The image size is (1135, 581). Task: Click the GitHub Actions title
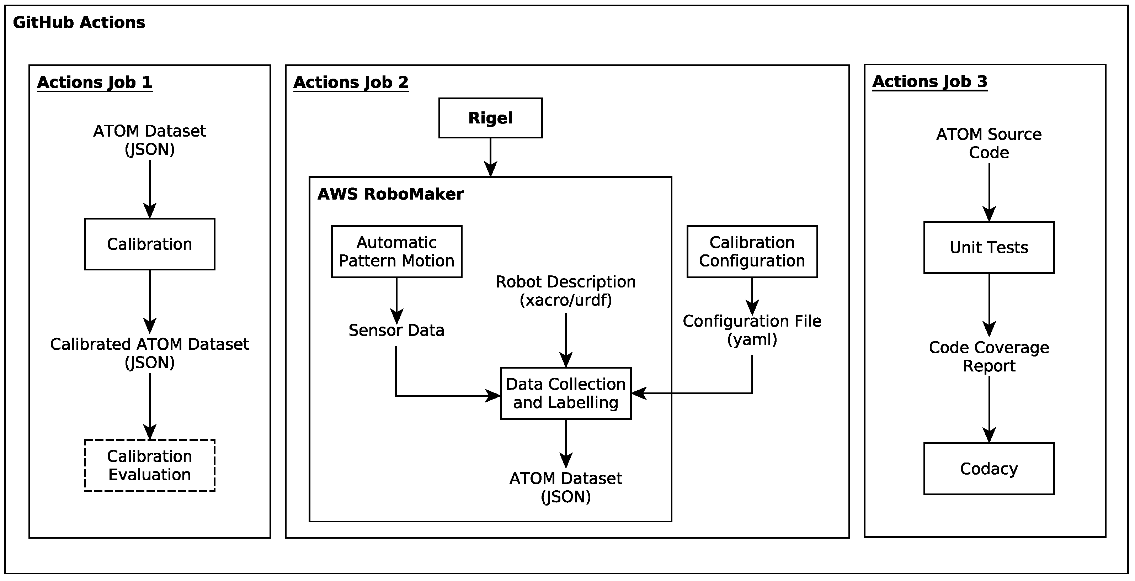pos(79,22)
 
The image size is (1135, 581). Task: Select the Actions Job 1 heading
pos(95,83)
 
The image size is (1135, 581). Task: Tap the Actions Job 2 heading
pos(351,83)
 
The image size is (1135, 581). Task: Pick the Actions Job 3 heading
pos(930,81)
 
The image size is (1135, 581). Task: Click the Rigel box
pos(490,118)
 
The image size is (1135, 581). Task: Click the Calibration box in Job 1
pos(150,244)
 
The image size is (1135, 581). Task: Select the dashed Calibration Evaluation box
pos(150,465)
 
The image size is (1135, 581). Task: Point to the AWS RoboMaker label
pos(390,194)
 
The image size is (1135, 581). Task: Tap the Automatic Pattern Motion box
pos(396,252)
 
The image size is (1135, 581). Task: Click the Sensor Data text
pos(396,330)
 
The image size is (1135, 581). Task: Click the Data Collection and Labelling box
pos(566,393)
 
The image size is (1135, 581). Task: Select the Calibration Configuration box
pos(752,252)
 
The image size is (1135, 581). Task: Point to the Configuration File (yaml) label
pos(752,330)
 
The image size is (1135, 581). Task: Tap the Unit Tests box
pos(989,248)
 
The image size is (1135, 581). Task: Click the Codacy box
pos(989,469)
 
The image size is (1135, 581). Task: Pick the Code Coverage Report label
pos(989,356)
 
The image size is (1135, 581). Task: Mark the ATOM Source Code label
pos(989,143)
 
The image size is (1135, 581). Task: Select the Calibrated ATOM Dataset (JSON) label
pos(150,353)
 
